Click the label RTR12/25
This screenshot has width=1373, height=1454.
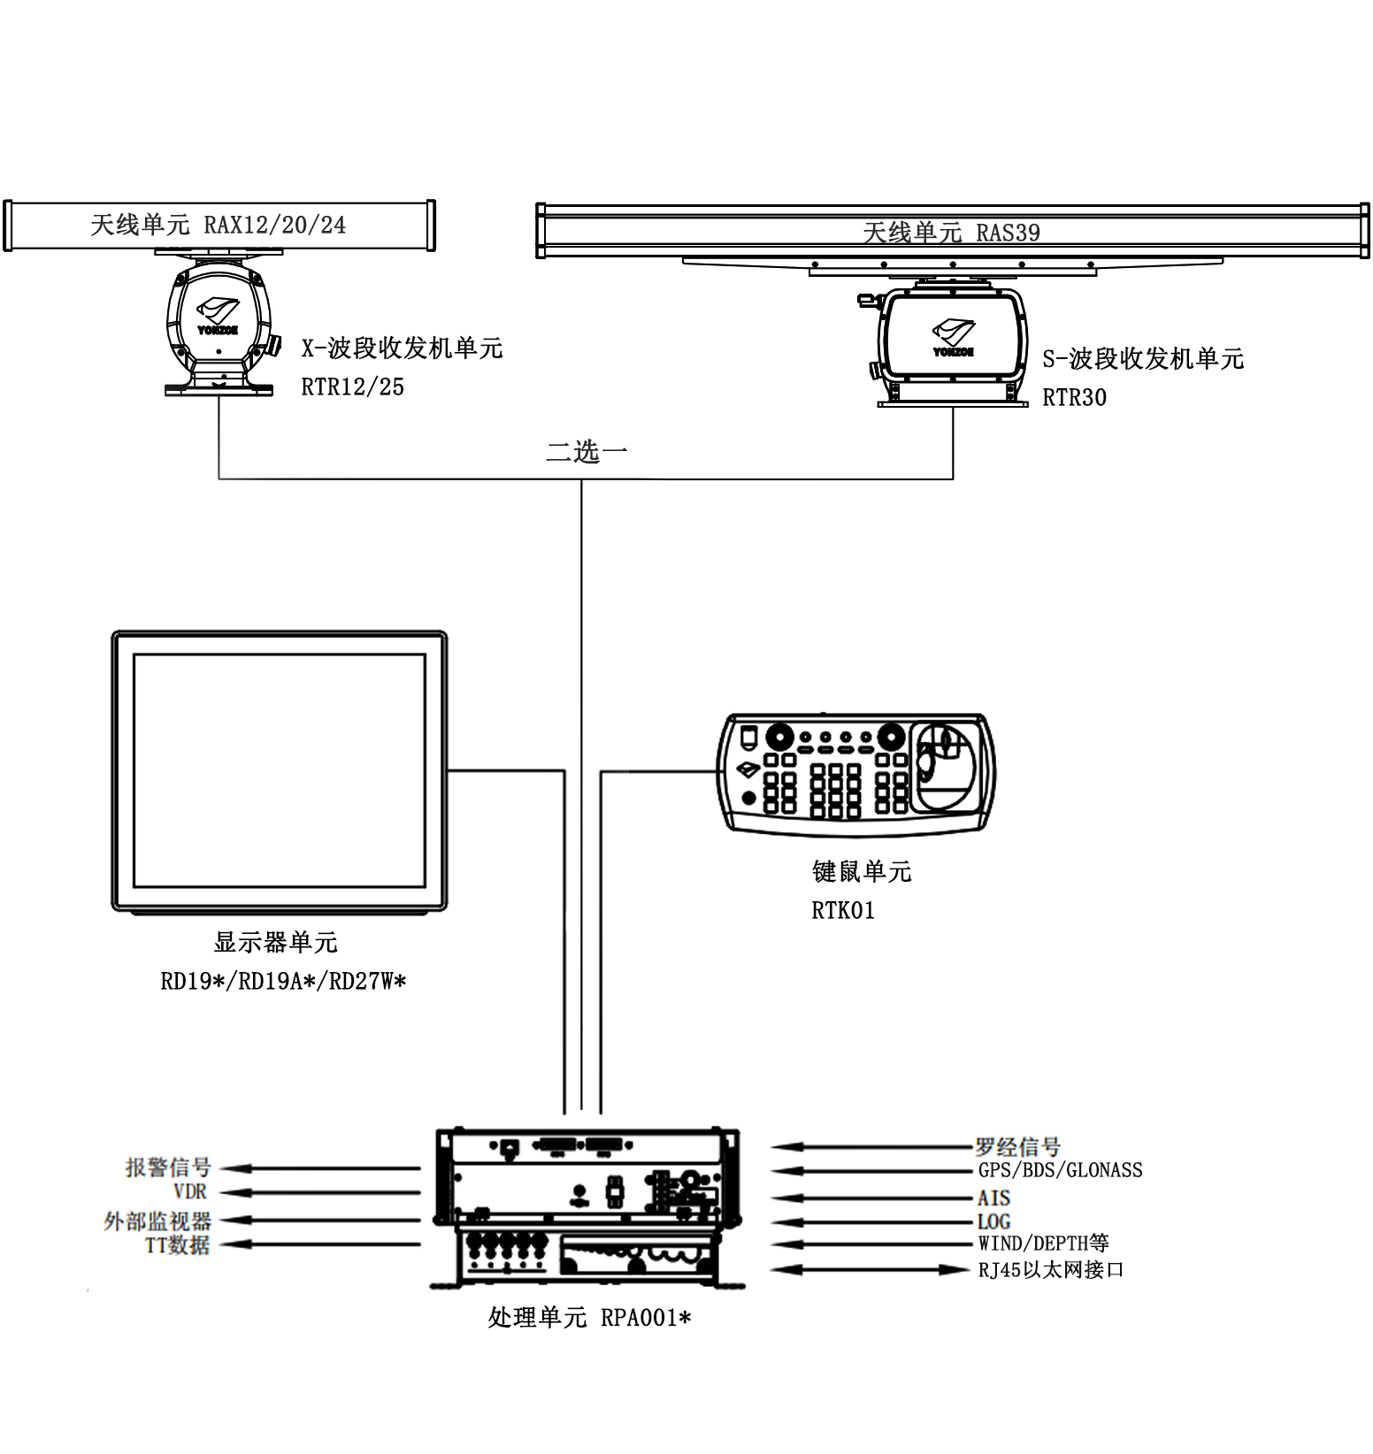(x=352, y=386)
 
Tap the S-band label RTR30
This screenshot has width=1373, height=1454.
(x=1074, y=398)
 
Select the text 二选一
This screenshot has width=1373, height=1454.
(x=587, y=452)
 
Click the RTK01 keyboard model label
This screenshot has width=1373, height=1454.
(x=843, y=910)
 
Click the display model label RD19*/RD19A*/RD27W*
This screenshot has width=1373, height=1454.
(x=283, y=981)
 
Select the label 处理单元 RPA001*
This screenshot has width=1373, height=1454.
(x=589, y=1318)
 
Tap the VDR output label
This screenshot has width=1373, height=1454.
(x=189, y=1191)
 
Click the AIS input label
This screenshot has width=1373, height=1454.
(x=993, y=1198)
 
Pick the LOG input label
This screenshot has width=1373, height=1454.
(x=993, y=1221)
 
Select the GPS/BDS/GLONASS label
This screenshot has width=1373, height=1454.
(x=1060, y=1170)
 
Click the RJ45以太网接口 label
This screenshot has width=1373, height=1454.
(x=1050, y=1270)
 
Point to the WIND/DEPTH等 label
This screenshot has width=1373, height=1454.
(x=1043, y=1244)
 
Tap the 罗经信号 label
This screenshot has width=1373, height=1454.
(x=1017, y=1147)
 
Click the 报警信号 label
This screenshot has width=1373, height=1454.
(x=168, y=1167)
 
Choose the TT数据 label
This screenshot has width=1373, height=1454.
(x=177, y=1244)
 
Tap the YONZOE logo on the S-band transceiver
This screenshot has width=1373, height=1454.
(x=953, y=338)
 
